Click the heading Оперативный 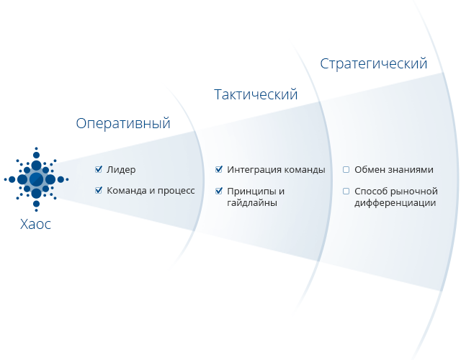[x=123, y=123]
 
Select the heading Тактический [x=256, y=94]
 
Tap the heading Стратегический [x=373, y=63]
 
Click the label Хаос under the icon [x=36, y=224]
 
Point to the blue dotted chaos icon [x=36, y=179]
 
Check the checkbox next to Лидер [x=99, y=170]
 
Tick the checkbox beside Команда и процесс [x=99, y=191]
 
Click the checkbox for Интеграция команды [x=219, y=170]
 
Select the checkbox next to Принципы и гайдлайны [x=219, y=191]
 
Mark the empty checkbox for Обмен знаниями [x=346, y=170]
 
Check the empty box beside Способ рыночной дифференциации [x=346, y=191]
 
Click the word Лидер [x=121, y=170]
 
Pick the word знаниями [x=410, y=170]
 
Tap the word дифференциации [x=395, y=203]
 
